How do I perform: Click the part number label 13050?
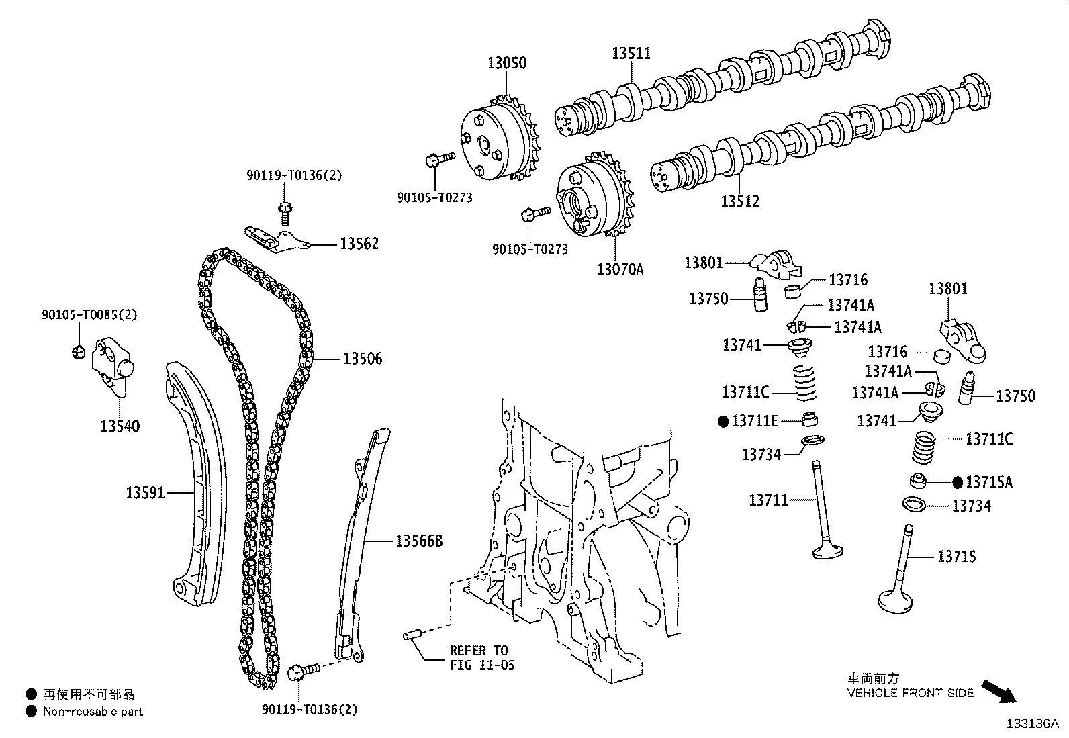click(506, 63)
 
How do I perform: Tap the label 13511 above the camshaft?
click(631, 54)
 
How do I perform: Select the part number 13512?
click(740, 201)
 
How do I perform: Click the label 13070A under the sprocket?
click(620, 270)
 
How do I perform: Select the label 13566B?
click(418, 541)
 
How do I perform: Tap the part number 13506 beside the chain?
click(363, 359)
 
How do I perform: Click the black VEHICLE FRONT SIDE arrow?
click(999, 690)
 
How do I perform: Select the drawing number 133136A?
click(1031, 724)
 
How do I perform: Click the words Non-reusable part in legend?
click(93, 712)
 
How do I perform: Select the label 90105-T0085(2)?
click(89, 314)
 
